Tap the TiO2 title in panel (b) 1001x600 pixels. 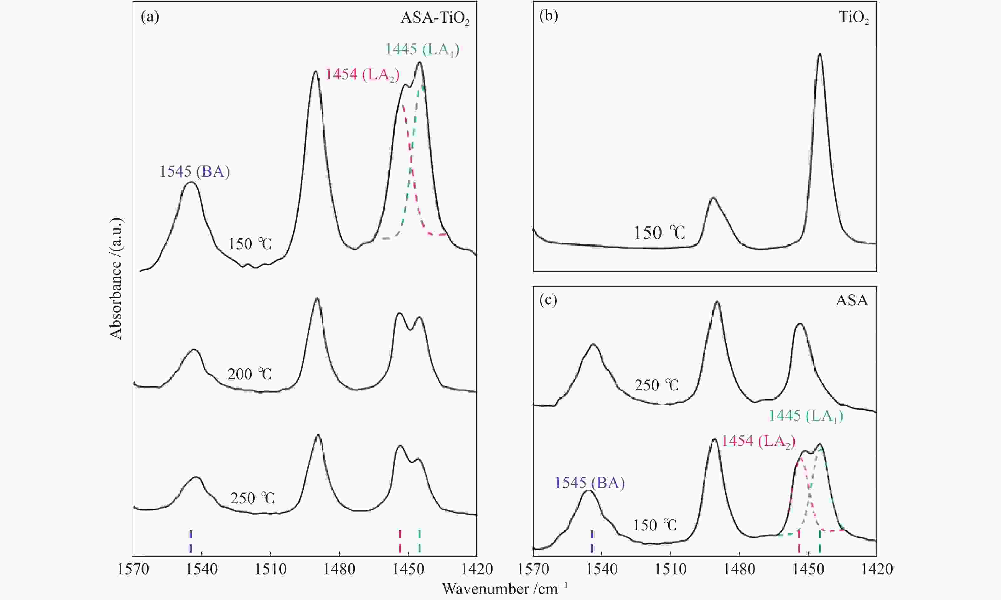coord(854,18)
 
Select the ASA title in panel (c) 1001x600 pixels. coord(852,300)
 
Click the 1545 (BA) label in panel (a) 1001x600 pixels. coord(194,172)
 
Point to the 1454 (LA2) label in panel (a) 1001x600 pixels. coord(363,75)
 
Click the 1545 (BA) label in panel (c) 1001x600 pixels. coord(589,483)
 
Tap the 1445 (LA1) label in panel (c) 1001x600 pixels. coord(806,416)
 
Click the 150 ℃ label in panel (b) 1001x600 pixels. coord(659,233)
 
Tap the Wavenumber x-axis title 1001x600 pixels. coord(504,589)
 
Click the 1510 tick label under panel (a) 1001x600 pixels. coord(270,569)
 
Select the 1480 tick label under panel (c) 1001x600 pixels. coord(739,569)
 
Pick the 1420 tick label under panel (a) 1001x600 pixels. coord(476,569)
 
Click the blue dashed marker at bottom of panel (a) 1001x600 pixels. coord(191,541)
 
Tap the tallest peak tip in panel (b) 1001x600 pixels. coord(820,54)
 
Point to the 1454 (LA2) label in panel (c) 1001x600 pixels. coord(759,442)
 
